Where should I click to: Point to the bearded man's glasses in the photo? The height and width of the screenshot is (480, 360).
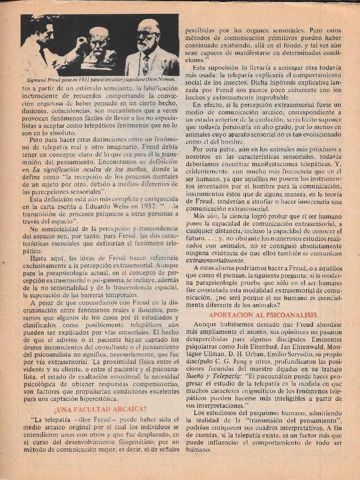(146, 35)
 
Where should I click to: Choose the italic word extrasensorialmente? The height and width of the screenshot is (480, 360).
(215, 261)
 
